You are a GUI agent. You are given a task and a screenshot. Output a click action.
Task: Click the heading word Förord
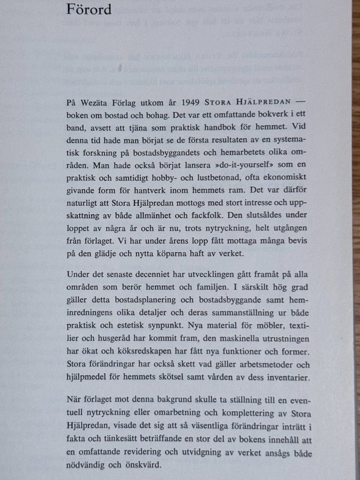(x=89, y=9)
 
